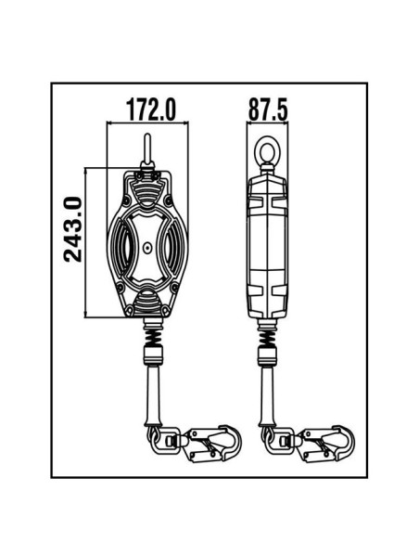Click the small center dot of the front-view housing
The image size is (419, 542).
147,248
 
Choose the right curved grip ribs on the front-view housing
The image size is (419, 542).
174,247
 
